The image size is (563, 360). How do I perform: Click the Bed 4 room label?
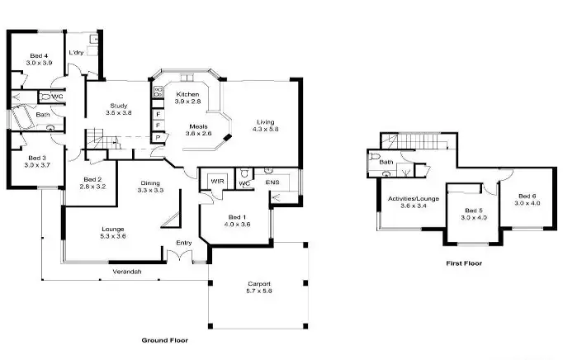(x=38, y=54)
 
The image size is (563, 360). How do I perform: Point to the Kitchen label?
(x=188, y=94)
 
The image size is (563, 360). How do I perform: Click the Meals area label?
(x=198, y=125)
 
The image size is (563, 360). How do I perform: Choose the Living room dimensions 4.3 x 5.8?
(x=265, y=130)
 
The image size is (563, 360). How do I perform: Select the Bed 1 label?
(x=235, y=216)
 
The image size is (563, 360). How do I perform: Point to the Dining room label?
(x=149, y=182)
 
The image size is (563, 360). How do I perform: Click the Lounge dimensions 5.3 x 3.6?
(x=113, y=236)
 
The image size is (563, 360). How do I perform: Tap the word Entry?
(x=185, y=242)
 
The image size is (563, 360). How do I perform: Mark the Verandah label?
(x=127, y=272)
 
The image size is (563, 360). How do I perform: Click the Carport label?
(x=259, y=284)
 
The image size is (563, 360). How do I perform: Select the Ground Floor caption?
(x=165, y=339)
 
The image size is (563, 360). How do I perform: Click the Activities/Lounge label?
(x=413, y=198)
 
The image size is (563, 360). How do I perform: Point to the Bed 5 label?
(x=473, y=210)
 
